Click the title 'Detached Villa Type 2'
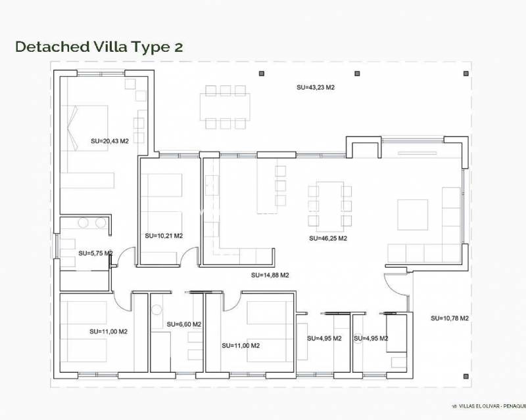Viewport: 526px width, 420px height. click(99, 47)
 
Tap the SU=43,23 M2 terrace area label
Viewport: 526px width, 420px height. click(316, 87)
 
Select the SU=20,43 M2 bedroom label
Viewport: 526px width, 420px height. click(109, 140)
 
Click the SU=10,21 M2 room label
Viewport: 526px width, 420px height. click(164, 236)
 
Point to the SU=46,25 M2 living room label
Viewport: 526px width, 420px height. click(327, 239)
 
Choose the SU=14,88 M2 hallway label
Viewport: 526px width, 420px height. click(270, 276)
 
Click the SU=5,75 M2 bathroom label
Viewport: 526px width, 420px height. click(95, 253)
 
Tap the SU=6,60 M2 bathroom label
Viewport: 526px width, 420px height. click(183, 324)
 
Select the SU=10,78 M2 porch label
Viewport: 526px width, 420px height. click(450, 318)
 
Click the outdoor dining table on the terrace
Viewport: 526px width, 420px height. click(225, 106)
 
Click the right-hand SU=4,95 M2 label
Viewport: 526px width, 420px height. click(371, 339)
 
